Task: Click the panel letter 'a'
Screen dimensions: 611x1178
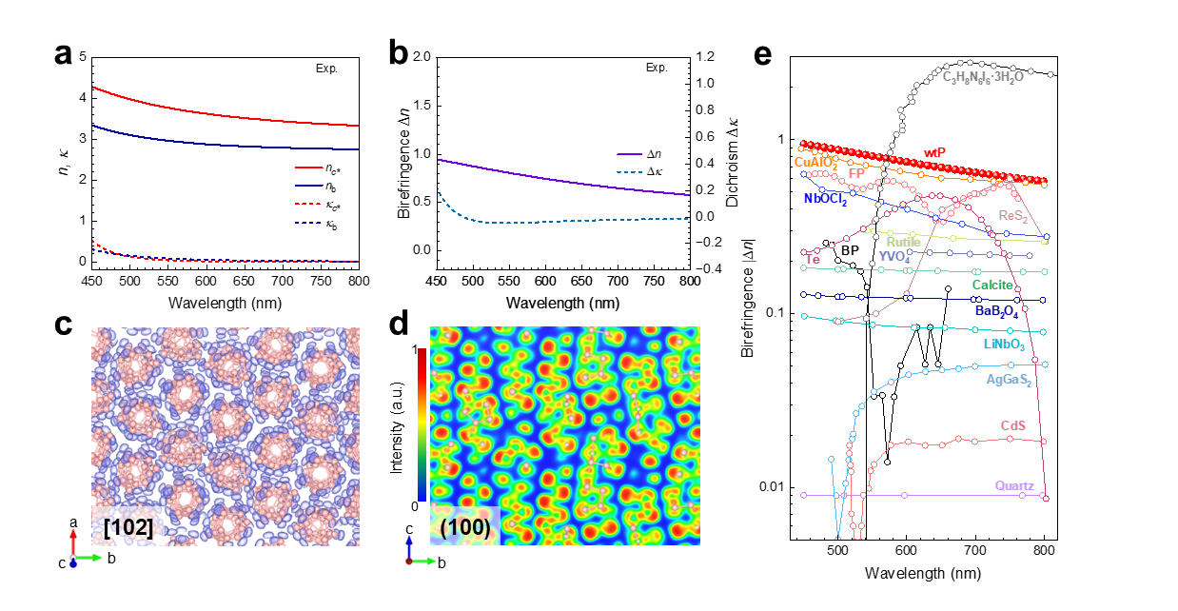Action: tap(63, 54)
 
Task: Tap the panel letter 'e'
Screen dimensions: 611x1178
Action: tap(762, 54)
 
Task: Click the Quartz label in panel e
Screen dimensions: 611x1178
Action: tap(1014, 486)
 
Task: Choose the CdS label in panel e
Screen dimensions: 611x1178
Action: tap(1011, 424)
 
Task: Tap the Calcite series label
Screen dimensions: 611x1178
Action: tap(993, 285)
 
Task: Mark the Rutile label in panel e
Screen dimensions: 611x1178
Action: tap(904, 242)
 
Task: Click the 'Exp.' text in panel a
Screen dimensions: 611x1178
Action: tap(326, 68)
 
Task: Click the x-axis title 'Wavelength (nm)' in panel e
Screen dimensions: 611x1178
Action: tap(923, 574)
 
